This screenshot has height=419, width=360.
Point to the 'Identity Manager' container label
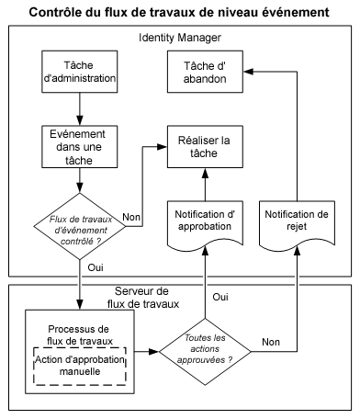(180, 37)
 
